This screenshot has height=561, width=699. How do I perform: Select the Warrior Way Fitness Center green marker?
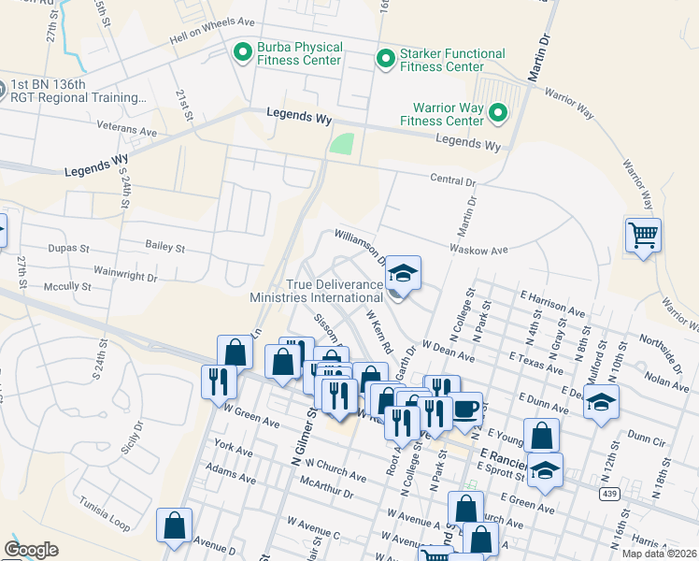coord(498,114)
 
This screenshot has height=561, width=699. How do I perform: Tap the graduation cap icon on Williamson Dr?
coord(403,273)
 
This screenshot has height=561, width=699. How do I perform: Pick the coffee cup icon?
coord(466,409)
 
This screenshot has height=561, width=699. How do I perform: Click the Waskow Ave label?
coord(478,250)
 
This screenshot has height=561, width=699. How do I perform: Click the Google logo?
coord(31,550)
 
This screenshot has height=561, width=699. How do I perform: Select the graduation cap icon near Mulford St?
coord(602,403)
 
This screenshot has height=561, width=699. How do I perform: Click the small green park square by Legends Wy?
coord(342,145)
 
